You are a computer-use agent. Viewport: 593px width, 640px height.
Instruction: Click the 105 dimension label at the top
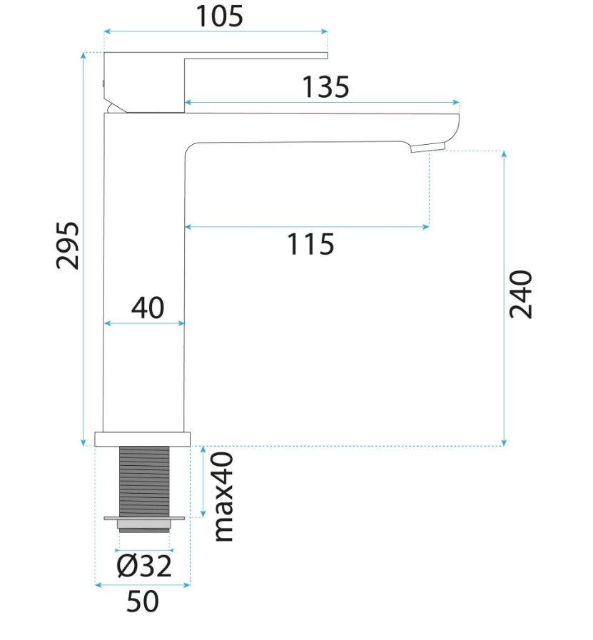click(220, 16)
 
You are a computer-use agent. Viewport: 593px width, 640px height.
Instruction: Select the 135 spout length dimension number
click(325, 87)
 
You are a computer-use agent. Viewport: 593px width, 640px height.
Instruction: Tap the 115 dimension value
click(310, 244)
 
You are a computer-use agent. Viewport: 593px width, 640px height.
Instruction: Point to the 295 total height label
click(67, 245)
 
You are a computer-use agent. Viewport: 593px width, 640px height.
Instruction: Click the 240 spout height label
click(521, 294)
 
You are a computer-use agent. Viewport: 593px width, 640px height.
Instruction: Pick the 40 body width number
click(148, 308)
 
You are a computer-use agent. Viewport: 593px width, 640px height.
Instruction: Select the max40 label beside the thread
click(224, 497)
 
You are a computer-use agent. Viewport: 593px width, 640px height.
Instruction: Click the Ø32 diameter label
click(144, 566)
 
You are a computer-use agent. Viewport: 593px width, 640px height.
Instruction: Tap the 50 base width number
click(143, 601)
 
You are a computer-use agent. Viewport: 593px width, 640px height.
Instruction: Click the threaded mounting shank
click(144, 481)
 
